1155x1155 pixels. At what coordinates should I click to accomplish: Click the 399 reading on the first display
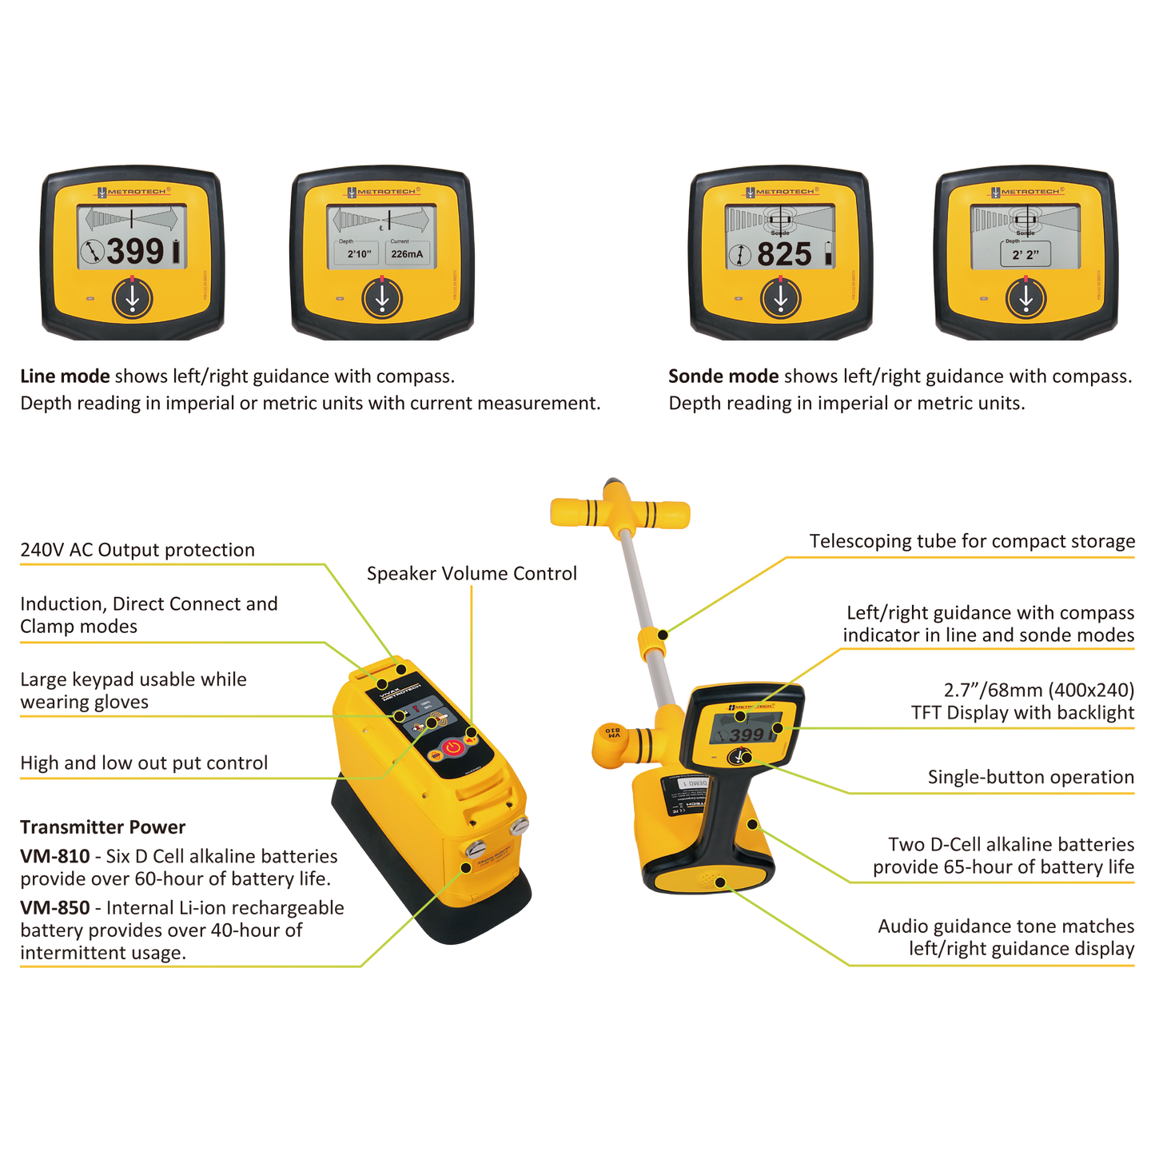click(x=136, y=251)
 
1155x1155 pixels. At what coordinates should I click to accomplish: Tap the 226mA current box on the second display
click(x=407, y=253)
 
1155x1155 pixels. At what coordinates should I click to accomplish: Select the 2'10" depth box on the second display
click(x=358, y=253)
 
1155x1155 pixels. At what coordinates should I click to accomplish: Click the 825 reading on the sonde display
click(x=784, y=254)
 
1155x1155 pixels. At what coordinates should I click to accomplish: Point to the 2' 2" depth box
click(x=1026, y=254)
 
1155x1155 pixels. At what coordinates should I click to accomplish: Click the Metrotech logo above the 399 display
click(x=133, y=192)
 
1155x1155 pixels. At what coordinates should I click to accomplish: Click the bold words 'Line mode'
click(x=65, y=376)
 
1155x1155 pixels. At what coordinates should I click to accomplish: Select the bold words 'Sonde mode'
click(x=723, y=376)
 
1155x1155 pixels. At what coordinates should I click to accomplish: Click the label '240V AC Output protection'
click(x=137, y=550)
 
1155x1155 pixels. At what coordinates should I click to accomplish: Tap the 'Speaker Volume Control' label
click(x=472, y=574)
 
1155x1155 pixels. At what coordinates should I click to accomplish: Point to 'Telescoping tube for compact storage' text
click(x=972, y=541)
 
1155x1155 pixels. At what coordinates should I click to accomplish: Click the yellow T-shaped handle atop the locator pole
click(x=619, y=512)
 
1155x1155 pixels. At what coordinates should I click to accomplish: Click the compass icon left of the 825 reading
click(x=740, y=255)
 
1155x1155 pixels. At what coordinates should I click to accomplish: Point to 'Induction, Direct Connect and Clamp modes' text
click(x=149, y=615)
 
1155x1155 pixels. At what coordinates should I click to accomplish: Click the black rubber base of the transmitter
click(x=448, y=895)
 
